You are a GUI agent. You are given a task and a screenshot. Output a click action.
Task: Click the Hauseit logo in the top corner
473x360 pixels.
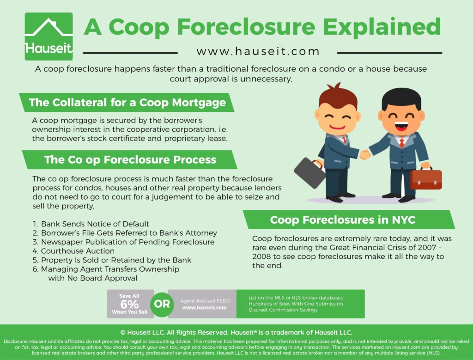(49, 36)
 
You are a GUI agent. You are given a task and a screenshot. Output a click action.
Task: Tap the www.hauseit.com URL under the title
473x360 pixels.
(258, 51)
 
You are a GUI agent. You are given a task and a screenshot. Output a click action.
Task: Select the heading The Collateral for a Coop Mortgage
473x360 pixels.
(127, 103)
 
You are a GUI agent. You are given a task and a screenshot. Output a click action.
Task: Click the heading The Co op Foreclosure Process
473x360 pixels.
(130, 159)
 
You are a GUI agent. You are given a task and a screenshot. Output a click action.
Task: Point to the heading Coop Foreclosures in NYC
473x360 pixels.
(343, 220)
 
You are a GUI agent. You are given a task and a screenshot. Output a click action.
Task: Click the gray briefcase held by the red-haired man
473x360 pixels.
(310, 173)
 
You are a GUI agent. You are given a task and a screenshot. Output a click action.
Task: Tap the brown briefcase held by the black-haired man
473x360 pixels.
(425, 179)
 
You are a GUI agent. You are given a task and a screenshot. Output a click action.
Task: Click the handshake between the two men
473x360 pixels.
(365, 154)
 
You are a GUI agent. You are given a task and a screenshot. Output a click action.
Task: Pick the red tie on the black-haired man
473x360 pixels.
(401, 143)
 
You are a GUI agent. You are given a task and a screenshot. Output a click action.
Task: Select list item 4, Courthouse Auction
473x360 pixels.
(73, 251)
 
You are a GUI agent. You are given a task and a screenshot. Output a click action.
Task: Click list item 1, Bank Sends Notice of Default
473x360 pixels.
(91, 224)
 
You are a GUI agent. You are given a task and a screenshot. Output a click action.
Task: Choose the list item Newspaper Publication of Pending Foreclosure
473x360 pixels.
(123, 242)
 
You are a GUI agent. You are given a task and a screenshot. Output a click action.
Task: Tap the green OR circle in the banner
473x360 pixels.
(162, 304)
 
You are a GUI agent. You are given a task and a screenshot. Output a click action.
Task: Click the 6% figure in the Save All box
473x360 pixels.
(129, 304)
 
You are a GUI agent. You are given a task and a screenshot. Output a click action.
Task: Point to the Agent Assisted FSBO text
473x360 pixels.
(205, 301)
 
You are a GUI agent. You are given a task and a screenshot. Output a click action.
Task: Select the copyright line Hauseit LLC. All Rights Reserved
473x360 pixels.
(236, 333)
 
